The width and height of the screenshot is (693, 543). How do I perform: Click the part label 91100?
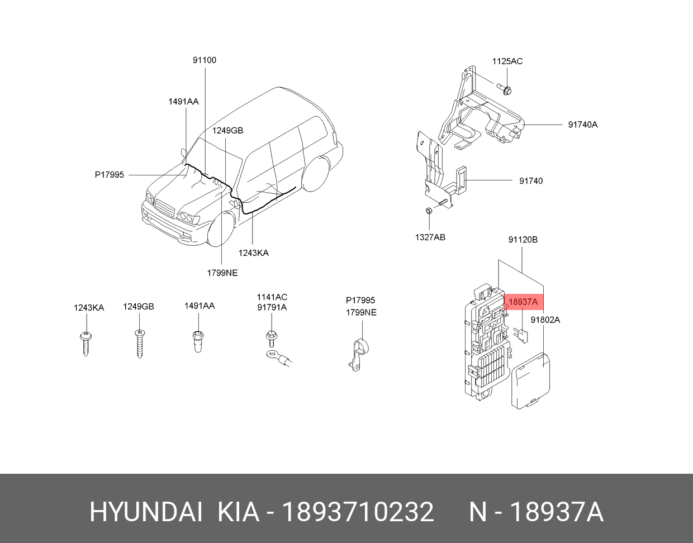coord(205,60)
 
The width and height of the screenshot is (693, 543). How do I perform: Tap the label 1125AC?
coord(507,61)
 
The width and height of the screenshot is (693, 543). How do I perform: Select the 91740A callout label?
coord(583,125)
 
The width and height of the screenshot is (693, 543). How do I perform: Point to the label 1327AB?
coord(430,237)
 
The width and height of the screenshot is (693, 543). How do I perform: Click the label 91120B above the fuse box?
coord(523,240)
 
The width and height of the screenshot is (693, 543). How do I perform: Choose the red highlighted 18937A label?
coord(523,302)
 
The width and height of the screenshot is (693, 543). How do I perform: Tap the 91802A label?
coord(545,320)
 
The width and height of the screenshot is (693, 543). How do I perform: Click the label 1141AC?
coord(272,297)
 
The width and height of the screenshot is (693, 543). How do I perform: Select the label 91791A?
coord(272,307)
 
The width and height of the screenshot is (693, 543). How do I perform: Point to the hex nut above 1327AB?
coord(429,211)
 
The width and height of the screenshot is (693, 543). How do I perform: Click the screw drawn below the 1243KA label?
coord(86,344)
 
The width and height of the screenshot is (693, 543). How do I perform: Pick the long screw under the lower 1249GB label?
coord(139,344)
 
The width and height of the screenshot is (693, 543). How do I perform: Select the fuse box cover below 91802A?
coord(530,380)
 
